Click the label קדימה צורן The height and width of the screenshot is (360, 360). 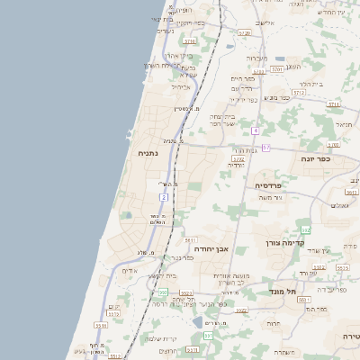(287, 243)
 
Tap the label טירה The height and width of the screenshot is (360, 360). (351, 336)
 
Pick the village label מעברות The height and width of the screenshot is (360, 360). (258, 57)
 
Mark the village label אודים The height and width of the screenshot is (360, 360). (130, 271)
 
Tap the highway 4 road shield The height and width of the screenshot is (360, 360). (256, 130)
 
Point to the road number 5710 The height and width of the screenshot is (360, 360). (189, 41)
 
